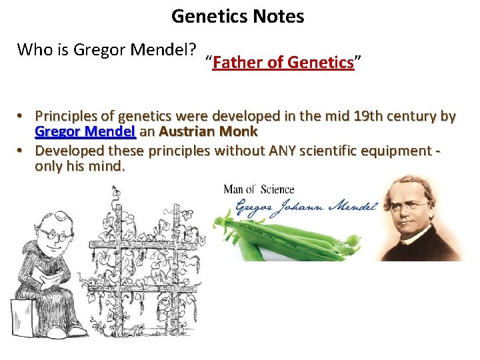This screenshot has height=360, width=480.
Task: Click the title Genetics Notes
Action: (x=237, y=16)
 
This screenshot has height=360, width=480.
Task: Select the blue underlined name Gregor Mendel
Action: (x=85, y=131)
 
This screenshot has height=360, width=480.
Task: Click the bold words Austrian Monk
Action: (x=208, y=131)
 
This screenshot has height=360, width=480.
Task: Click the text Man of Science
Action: (x=259, y=189)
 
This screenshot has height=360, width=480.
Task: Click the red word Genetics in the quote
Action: (x=320, y=63)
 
